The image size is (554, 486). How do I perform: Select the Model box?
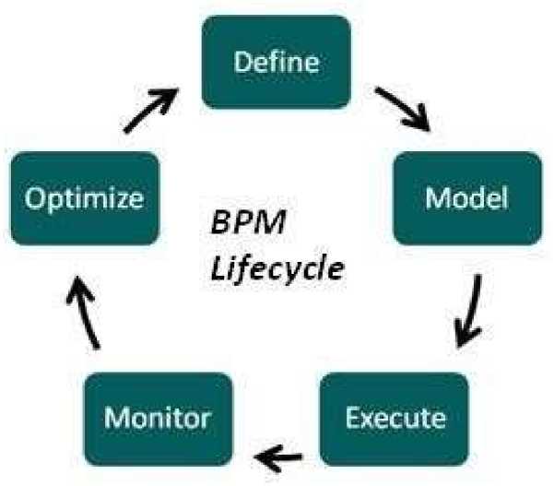(466, 198)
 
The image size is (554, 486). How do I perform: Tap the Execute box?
(395, 418)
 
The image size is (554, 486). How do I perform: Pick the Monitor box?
(157, 418)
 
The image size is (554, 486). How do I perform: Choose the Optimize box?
(84, 198)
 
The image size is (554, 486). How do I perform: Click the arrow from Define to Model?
(403, 109)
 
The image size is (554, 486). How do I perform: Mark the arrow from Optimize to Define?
(152, 108)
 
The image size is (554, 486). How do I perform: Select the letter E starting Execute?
(351, 418)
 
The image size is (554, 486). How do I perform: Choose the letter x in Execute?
(368, 420)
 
